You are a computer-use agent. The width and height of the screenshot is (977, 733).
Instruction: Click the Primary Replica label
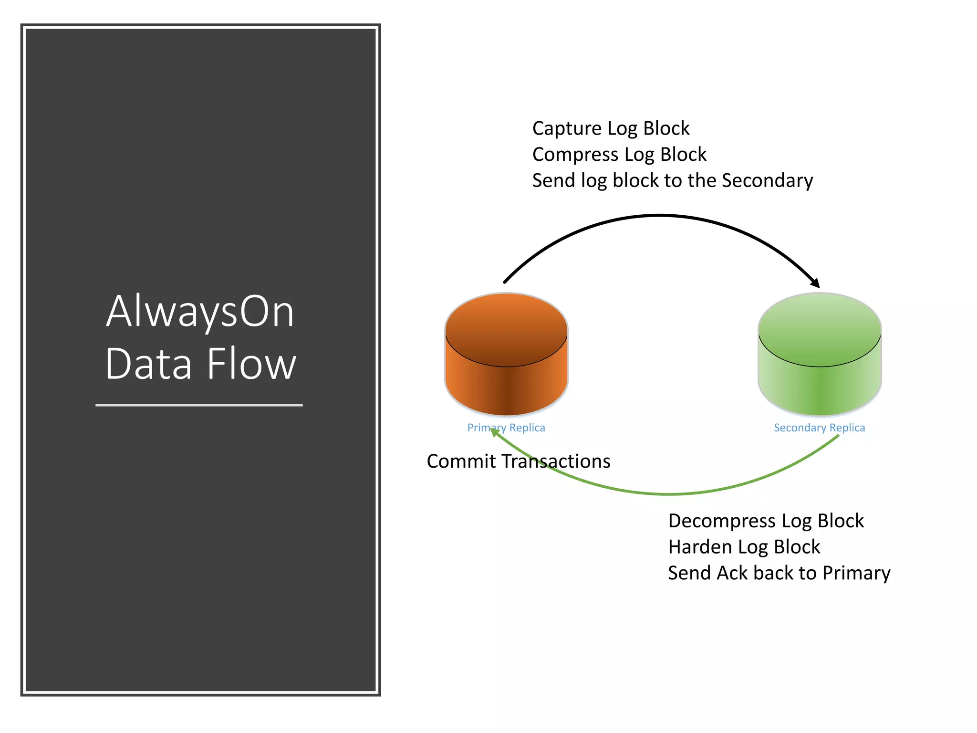click(x=506, y=428)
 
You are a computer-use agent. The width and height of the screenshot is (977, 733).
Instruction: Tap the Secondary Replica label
click(x=819, y=428)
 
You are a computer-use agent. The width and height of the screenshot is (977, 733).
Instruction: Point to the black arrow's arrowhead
click(x=815, y=283)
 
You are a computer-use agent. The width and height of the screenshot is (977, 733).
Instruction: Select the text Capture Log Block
click(x=611, y=128)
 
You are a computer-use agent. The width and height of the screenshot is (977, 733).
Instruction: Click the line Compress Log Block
click(x=619, y=155)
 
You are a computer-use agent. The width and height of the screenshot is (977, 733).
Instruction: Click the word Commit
click(x=461, y=461)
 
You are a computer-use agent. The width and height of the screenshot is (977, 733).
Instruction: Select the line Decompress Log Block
click(x=766, y=521)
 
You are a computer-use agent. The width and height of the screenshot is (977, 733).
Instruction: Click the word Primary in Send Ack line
click(x=856, y=573)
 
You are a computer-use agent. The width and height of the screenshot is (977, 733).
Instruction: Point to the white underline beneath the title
click(x=199, y=405)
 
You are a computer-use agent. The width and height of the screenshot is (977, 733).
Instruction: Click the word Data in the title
click(x=148, y=364)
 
